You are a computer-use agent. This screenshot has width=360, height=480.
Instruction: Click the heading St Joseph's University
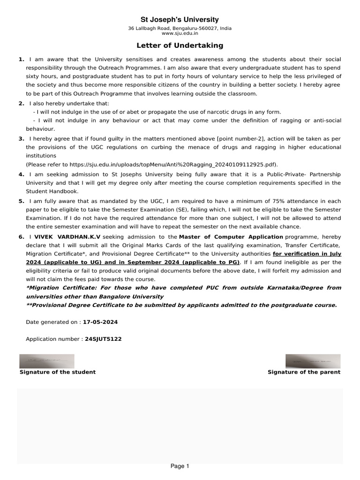180,19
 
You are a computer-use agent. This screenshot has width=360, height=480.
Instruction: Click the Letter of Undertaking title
180,45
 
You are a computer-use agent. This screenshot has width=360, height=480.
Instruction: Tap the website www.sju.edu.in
180,33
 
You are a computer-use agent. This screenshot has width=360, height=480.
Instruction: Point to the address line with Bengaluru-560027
180,28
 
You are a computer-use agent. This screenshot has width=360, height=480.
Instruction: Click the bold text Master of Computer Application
231,237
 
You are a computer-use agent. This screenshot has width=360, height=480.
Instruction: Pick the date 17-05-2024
100,322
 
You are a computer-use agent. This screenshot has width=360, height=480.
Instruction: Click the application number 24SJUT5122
103,338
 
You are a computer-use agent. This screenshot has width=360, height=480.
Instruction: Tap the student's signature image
46,361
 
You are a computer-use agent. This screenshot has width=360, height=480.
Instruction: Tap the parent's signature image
313,361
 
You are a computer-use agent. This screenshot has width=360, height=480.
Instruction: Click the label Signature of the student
57,372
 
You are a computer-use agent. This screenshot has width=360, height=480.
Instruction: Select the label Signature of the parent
304,372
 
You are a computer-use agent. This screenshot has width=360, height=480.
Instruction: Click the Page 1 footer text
180,466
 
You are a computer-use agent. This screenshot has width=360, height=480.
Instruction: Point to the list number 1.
21,60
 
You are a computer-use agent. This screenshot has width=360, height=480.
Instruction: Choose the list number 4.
21,174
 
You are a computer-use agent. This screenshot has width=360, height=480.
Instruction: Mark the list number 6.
21,237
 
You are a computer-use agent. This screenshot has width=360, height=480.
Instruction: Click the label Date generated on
53,322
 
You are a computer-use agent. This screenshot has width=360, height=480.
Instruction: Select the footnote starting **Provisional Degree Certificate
181,305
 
